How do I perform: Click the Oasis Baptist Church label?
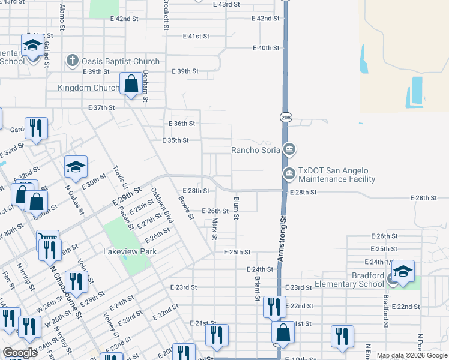click(x=121, y=61)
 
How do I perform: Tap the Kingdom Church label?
click(x=88, y=88)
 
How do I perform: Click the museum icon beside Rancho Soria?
click(x=289, y=148)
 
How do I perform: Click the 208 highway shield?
click(x=286, y=118)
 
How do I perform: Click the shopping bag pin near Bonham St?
click(x=131, y=85)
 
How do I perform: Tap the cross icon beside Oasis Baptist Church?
click(x=73, y=61)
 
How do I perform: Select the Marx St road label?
click(x=214, y=227)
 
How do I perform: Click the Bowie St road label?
click(x=185, y=206)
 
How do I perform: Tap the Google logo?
click(x=20, y=353)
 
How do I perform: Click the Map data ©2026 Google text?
click(x=412, y=355)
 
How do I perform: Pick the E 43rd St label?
click(x=226, y=4)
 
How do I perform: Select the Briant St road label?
click(x=256, y=289)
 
